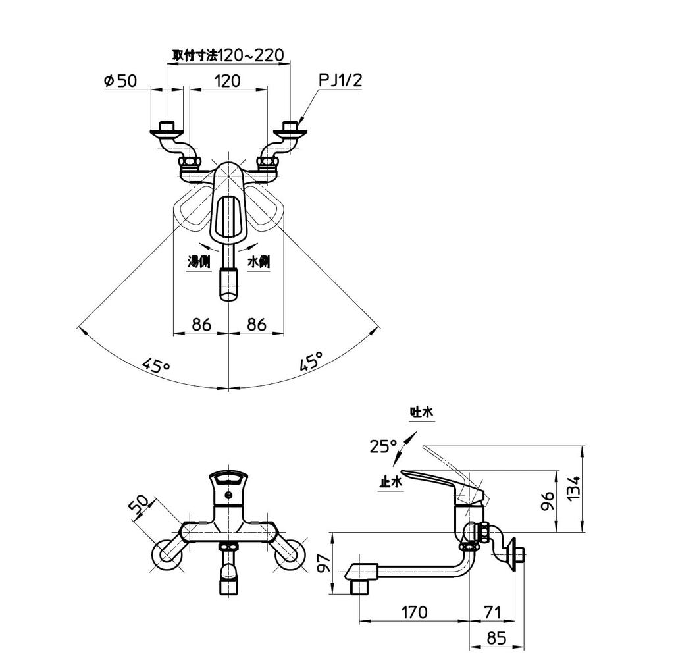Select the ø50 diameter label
click(x=120, y=81)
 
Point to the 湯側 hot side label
click(x=199, y=261)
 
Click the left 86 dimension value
click(x=201, y=324)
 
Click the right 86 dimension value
click(x=255, y=324)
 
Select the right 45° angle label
click(x=311, y=362)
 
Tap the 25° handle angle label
click(x=383, y=446)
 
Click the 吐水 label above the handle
click(x=421, y=412)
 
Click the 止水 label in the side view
click(x=390, y=482)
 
